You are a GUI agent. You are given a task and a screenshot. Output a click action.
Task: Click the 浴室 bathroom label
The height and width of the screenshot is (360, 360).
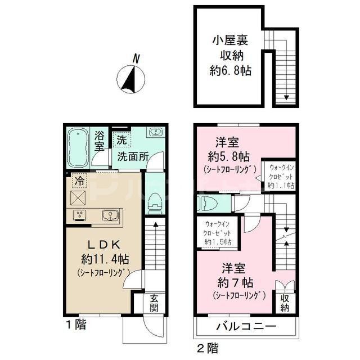(x=100, y=141)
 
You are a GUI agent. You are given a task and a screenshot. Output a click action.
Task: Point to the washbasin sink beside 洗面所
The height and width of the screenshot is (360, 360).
(x=155, y=133)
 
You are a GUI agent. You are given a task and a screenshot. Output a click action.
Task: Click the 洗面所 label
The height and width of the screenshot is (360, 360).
(x=132, y=157)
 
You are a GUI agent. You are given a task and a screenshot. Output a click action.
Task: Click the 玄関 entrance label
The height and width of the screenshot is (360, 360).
(x=154, y=303)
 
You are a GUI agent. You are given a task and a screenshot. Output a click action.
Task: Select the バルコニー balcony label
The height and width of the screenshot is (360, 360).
(x=245, y=327)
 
